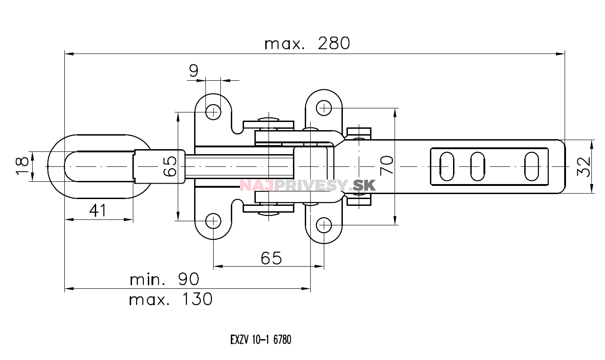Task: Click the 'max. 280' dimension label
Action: [307, 44]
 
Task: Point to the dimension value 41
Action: [98, 210]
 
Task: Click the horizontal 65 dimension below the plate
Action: [271, 258]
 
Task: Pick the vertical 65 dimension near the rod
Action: [169, 166]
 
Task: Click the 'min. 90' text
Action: [164, 279]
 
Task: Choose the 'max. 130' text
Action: [171, 299]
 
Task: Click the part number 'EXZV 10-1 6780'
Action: [260, 340]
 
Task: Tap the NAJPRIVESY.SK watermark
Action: [307, 185]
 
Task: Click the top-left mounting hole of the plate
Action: [213, 111]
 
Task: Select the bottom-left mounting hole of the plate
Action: [213, 222]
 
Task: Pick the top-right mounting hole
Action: [323, 108]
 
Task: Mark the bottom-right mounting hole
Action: [323, 224]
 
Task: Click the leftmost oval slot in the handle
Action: [447, 166]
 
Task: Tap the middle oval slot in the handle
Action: [477, 166]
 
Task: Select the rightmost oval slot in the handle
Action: [532, 166]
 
